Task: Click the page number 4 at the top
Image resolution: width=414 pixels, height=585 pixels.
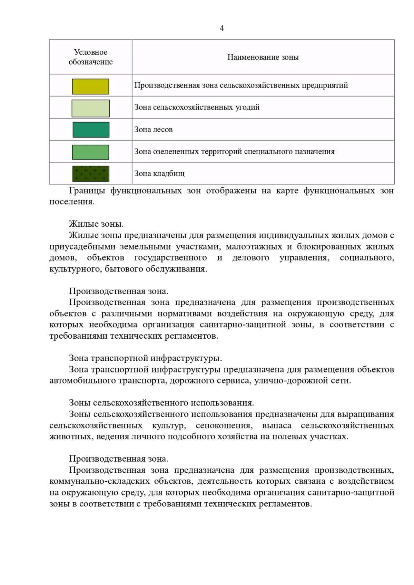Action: click(221, 28)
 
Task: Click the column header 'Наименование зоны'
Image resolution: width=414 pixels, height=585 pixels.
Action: click(263, 57)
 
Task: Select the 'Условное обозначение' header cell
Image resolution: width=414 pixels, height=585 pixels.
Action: click(90, 57)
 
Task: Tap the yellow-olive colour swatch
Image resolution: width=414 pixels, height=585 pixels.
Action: click(90, 86)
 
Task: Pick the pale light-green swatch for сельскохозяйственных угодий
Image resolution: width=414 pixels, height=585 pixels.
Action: click(90, 109)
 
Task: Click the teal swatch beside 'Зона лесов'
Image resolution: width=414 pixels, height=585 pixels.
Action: click(91, 130)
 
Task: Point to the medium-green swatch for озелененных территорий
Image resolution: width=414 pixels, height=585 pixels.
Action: click(90, 152)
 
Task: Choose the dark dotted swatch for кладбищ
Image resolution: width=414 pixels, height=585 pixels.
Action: click(91, 174)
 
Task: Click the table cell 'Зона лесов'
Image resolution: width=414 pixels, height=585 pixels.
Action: click(154, 130)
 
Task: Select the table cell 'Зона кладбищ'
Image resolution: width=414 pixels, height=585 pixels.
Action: click(159, 174)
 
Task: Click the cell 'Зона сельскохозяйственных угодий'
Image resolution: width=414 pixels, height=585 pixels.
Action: click(197, 107)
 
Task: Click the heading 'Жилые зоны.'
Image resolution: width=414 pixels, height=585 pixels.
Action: click(96, 224)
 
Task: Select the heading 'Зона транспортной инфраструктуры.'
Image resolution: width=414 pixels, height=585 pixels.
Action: click(145, 358)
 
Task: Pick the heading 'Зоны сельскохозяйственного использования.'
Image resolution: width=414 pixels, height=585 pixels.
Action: click(161, 403)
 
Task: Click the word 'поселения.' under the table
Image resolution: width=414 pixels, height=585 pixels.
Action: click(72, 202)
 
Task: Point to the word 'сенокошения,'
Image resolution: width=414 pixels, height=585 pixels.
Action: click(224, 426)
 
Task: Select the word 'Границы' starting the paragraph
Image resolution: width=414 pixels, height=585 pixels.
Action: click(87, 191)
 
